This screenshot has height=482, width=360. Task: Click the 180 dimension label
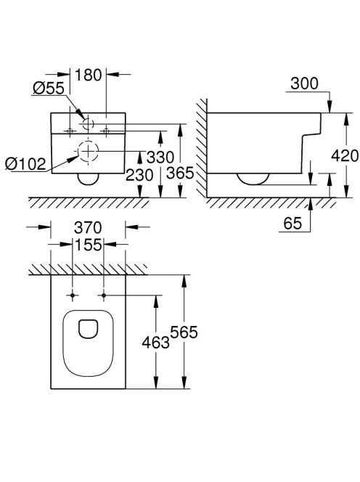coord(88,75)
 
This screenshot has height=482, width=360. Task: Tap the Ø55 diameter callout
coord(49,89)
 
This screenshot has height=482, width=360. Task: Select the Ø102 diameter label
coord(25,164)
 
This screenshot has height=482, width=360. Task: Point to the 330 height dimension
coord(160,158)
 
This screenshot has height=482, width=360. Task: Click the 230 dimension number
coord(139,175)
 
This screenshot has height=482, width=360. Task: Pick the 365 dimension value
coord(180,173)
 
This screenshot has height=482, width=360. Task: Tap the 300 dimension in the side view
coord(304,83)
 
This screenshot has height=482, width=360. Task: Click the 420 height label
coord(345,156)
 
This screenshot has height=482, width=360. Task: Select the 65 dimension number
coord(292,223)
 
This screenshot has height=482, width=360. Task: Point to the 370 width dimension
coord(88,228)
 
